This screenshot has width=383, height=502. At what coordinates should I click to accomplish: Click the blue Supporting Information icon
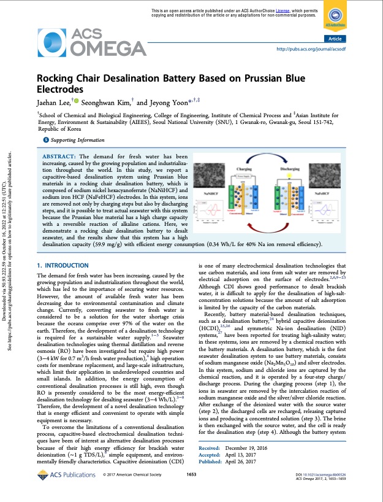click(x=44, y=141)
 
